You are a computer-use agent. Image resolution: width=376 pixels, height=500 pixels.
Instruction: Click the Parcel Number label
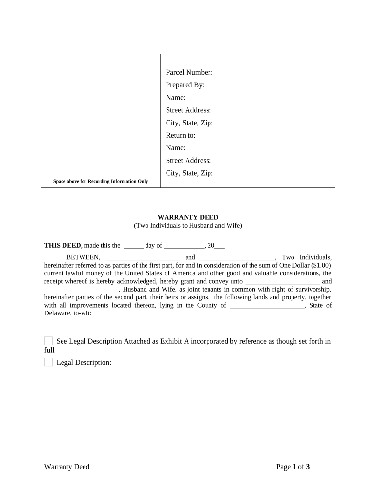point(189,73)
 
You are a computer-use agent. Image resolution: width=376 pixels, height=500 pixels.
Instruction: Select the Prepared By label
point(185,85)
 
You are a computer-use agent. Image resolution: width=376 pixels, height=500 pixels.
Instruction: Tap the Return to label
point(181,135)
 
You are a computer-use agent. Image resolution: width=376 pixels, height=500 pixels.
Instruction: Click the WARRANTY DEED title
point(188,217)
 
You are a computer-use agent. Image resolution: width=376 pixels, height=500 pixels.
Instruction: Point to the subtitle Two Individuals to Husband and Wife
point(188,226)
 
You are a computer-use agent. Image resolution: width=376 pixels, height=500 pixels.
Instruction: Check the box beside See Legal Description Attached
point(48,341)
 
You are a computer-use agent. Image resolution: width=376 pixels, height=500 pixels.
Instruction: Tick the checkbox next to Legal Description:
point(48,362)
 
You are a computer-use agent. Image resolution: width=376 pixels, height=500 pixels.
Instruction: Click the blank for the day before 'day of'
point(133,246)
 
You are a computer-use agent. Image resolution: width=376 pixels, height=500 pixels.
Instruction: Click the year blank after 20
point(220,246)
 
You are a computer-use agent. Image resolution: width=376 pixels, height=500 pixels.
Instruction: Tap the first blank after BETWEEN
point(143,258)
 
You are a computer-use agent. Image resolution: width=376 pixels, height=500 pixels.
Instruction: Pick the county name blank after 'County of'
point(267,306)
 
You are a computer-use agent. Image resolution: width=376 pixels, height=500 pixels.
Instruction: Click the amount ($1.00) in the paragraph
point(320,266)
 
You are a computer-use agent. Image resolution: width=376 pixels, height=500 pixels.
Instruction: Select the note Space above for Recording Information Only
point(101,182)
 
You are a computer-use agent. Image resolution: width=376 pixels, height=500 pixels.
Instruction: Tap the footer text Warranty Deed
point(67,467)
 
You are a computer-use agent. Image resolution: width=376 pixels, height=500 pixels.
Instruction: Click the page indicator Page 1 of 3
point(293,467)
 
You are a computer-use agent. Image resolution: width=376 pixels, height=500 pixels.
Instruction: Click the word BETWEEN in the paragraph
point(84,258)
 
